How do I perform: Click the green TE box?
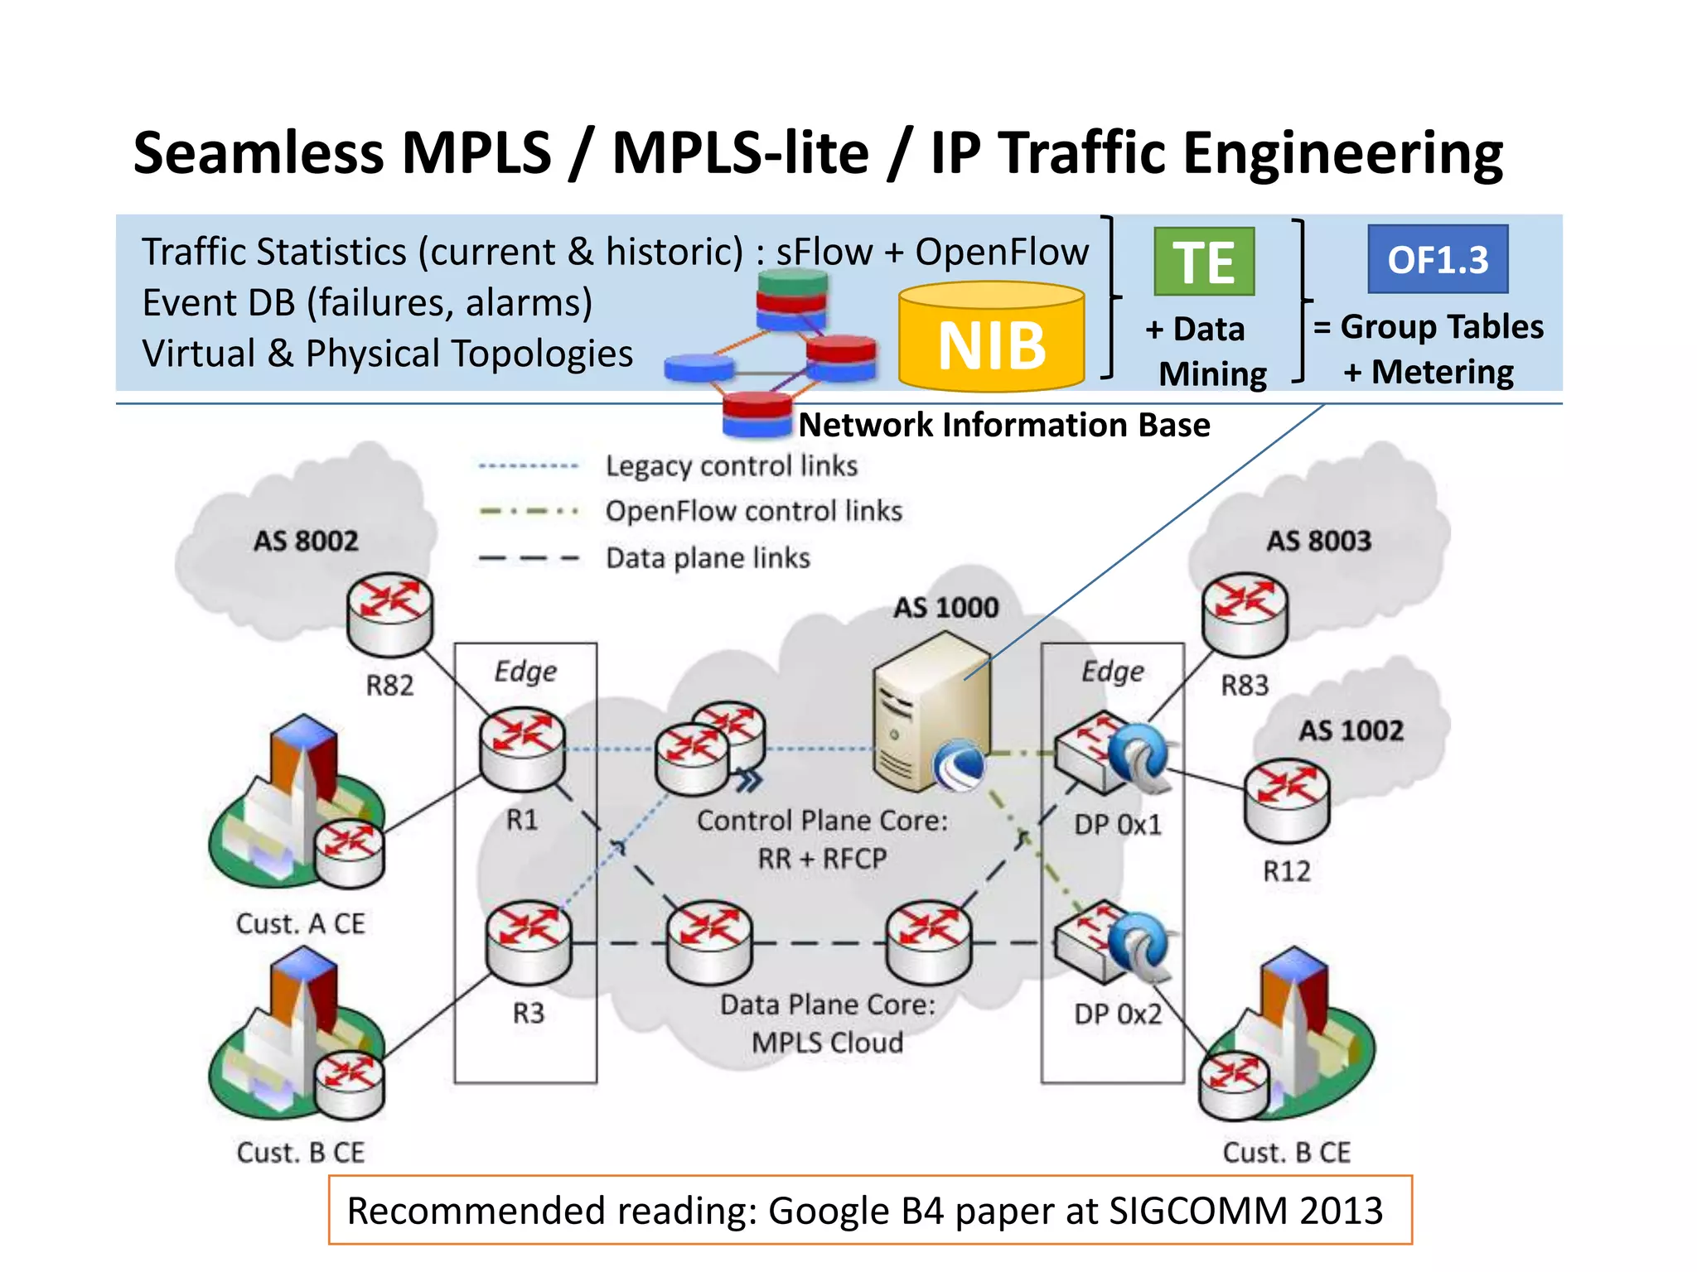pyautogui.click(x=1203, y=262)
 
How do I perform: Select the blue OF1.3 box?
pyautogui.click(x=1438, y=259)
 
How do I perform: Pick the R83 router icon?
pyautogui.click(x=1245, y=613)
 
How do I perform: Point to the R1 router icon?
pyautogui.click(x=523, y=748)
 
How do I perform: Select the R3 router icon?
pyautogui.click(x=529, y=942)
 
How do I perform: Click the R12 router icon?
pyautogui.click(x=1286, y=800)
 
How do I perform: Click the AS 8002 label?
pyautogui.click(x=306, y=541)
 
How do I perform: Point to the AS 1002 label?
pyautogui.click(x=1351, y=730)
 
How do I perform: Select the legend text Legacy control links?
pyautogui.click(x=731, y=466)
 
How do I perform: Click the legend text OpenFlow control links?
pyautogui.click(x=753, y=511)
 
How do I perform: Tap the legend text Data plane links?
pyautogui.click(x=708, y=558)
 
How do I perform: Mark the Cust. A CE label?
pyautogui.click(x=300, y=923)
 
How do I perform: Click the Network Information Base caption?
pyautogui.click(x=1004, y=425)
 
